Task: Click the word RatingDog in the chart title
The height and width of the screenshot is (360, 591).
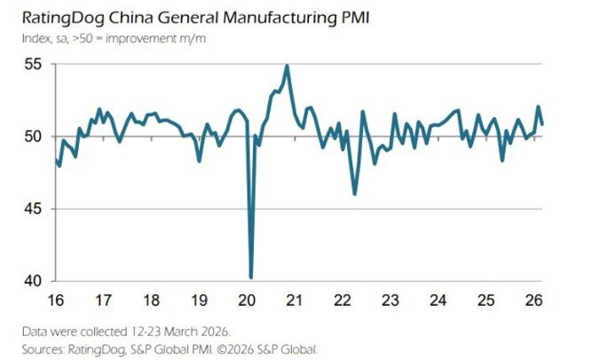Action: coord(59,18)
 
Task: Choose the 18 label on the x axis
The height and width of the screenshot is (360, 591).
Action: coord(153,298)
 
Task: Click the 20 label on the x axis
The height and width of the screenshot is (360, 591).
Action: coord(249,298)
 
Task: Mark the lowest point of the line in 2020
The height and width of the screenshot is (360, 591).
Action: coord(251,278)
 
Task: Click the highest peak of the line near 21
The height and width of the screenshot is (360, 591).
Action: coord(287,66)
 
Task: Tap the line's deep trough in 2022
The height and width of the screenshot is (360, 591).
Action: coord(355,193)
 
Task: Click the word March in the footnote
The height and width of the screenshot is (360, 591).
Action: coord(175,331)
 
